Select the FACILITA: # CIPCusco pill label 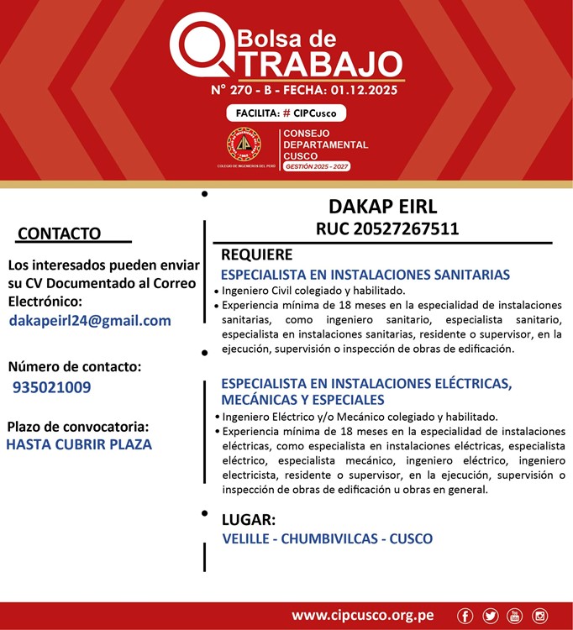[x=286, y=113]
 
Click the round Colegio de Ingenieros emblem [x=244, y=144]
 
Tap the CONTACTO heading [x=59, y=233]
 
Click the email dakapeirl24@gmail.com [x=90, y=320]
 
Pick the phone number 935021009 [x=52, y=387]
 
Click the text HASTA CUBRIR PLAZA [x=79, y=444]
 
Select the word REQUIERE [x=256, y=255]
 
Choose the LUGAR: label [x=248, y=519]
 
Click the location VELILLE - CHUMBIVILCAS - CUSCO [x=328, y=538]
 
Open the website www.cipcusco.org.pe [x=362, y=616]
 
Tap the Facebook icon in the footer [x=465, y=617]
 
